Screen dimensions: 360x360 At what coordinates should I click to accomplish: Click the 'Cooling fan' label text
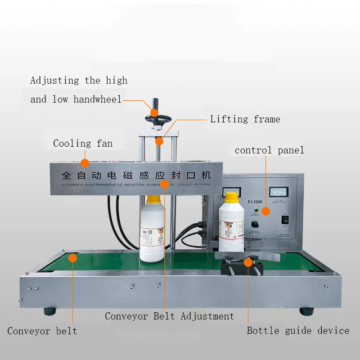[x=83, y=144]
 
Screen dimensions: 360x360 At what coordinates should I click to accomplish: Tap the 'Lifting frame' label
[x=245, y=119]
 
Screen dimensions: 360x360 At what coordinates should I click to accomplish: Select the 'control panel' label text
[x=269, y=150]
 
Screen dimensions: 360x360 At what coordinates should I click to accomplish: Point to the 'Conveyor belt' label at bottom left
[x=42, y=331]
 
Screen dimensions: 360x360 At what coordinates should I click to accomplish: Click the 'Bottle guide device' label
[x=298, y=331]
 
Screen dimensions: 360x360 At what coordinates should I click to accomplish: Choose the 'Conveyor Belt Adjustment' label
[x=170, y=316]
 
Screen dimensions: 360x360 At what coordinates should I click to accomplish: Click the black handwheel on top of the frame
[x=157, y=120]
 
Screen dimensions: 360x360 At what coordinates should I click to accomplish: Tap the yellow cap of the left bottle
[x=154, y=198]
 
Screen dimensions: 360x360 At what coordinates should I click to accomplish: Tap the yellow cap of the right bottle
[x=231, y=197]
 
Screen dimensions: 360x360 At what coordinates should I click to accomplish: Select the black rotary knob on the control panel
[x=256, y=224]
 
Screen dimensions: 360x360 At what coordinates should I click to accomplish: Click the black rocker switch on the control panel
[x=284, y=220]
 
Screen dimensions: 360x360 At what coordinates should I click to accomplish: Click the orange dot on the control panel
[x=265, y=211]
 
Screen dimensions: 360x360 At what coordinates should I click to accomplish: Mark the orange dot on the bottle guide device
[x=247, y=262]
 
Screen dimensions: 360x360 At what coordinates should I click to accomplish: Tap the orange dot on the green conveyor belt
[x=72, y=257]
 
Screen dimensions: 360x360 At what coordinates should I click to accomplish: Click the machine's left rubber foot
[x=50, y=311]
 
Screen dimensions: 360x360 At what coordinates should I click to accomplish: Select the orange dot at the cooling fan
[x=84, y=163]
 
